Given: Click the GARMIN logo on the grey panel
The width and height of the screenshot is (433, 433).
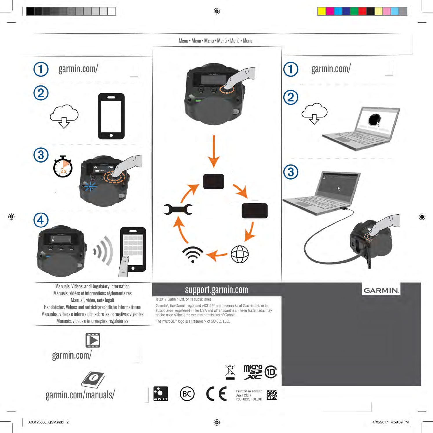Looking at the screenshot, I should click(x=381, y=291).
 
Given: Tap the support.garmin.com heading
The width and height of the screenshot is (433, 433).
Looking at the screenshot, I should click(x=216, y=290).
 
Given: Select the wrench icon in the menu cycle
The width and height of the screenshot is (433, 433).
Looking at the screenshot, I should click(x=178, y=209).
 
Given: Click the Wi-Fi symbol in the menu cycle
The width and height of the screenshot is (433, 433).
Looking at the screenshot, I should click(x=193, y=254).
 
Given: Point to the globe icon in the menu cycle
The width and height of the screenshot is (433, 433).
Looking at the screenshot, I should click(x=240, y=254).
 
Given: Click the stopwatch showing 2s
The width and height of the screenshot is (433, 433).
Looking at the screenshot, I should click(x=63, y=167).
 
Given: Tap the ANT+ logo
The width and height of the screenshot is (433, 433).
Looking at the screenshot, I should click(x=160, y=394).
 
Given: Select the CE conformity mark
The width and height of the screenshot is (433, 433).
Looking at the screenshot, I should click(x=216, y=394).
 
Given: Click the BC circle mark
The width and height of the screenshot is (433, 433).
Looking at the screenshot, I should click(x=187, y=394).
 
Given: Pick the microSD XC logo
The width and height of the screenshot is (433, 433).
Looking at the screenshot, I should click(x=253, y=372).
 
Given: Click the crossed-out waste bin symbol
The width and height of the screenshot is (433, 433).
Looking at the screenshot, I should click(x=230, y=372).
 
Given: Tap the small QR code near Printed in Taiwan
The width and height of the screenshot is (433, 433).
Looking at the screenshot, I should click(x=272, y=395).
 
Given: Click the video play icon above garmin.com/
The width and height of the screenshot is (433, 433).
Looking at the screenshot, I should click(x=93, y=340).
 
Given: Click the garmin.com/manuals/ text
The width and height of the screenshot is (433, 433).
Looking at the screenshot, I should click(x=80, y=395).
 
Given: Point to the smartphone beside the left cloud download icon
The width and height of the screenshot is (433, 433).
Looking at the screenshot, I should click(x=111, y=116).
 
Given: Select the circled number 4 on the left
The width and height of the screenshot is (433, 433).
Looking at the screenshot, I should click(x=41, y=220).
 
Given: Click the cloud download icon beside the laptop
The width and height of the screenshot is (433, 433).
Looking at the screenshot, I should click(x=315, y=113).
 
